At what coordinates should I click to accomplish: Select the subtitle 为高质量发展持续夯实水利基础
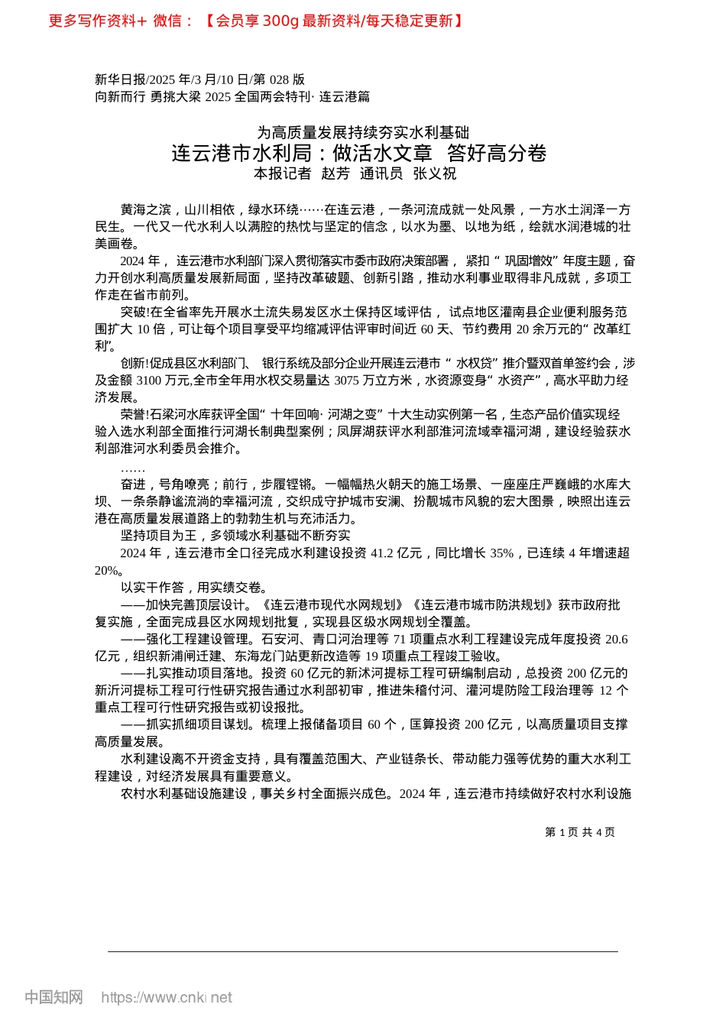pos(362,133)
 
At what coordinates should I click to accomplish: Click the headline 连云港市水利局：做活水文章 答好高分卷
pos(358,153)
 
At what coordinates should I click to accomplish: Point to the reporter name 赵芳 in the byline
pos(335,174)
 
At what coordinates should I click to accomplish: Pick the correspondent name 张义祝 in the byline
pos(435,174)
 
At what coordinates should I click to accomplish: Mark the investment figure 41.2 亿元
pos(396,552)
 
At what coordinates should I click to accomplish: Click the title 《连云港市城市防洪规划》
pos(482,604)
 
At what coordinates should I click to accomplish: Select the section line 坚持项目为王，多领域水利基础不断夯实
pos(235,536)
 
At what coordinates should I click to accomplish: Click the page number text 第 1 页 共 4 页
pos(579,832)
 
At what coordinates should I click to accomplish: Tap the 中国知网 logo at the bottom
pos(53,997)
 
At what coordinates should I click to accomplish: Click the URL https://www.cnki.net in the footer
pos(167,997)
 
